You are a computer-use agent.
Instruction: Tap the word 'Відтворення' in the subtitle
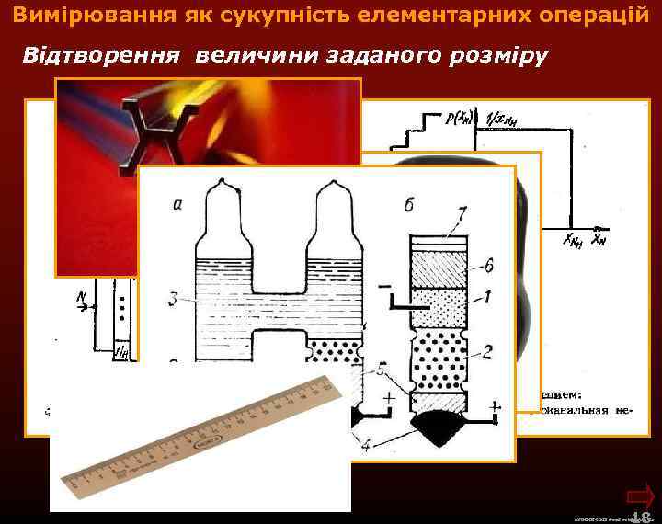click(101, 56)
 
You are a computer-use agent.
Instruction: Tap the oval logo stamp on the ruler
click(209, 440)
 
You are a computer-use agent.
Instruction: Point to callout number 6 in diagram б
click(494, 266)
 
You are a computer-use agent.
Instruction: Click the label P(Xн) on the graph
click(457, 117)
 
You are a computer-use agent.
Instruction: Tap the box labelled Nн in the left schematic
click(121, 349)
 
